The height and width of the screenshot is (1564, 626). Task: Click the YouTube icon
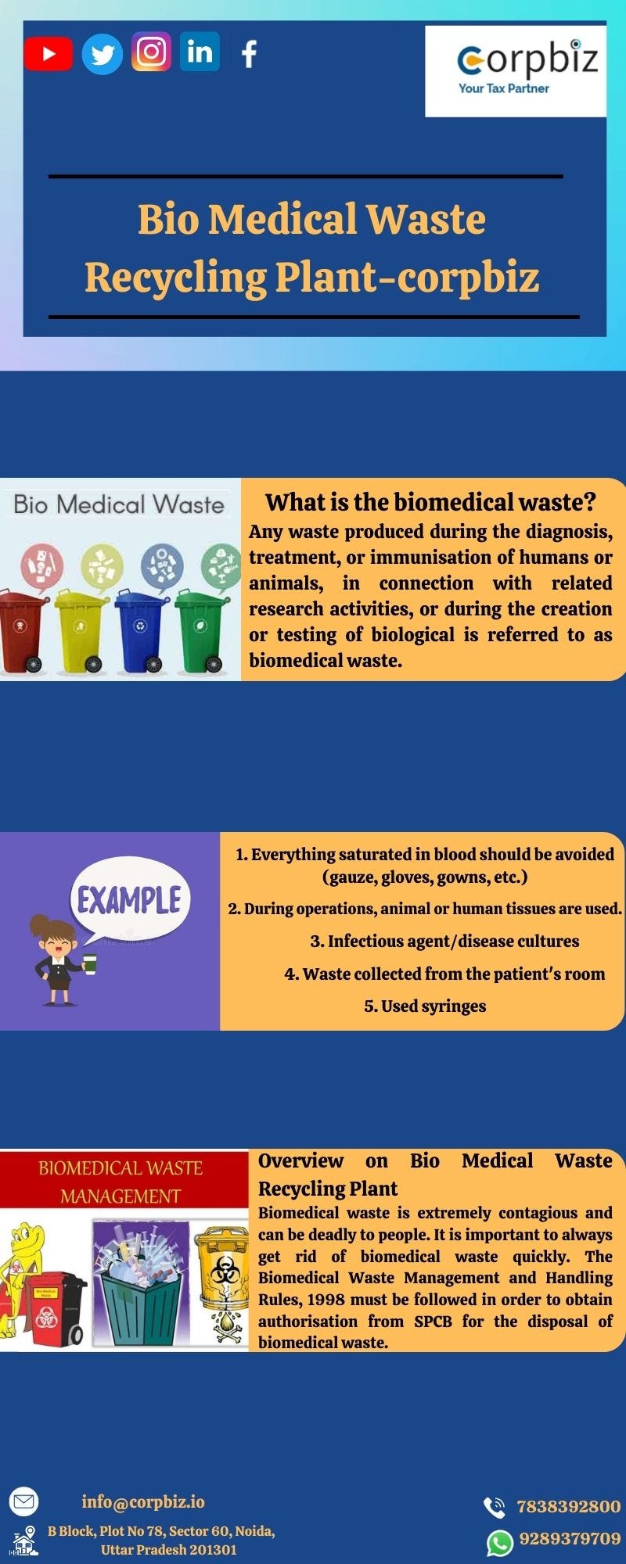[48, 54]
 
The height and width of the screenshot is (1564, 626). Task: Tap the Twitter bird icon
[103, 54]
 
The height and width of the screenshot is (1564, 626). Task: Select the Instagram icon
[151, 52]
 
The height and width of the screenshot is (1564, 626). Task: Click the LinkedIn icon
[200, 52]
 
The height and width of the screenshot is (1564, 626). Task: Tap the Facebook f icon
[249, 54]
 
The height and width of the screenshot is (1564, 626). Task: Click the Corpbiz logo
[516, 71]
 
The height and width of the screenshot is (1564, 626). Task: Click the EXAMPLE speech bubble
[129, 900]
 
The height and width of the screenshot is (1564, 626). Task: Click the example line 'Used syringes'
[425, 1006]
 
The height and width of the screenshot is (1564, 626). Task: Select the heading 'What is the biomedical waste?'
[430, 502]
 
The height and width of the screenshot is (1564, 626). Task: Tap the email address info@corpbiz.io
[143, 1501]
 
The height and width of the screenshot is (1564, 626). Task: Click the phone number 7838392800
[568, 1506]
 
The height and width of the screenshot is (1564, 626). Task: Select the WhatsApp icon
[499, 1543]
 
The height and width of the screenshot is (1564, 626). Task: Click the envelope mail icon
[23, 1501]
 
